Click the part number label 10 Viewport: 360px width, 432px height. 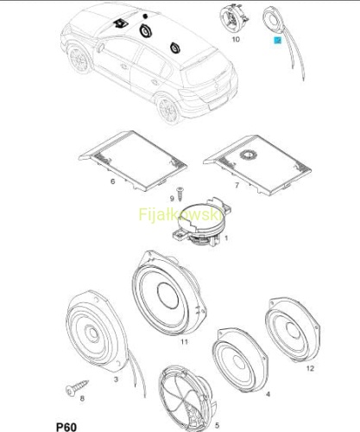tap(236, 39)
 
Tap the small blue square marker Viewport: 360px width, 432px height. tap(278, 41)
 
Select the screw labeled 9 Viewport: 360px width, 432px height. tap(180, 194)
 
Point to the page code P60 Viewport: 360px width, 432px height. tap(66, 427)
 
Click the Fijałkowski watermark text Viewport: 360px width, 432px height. tap(181, 214)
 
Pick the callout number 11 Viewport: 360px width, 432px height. tap(184, 342)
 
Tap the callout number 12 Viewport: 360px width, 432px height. tap(310, 368)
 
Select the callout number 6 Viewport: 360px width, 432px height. tap(113, 181)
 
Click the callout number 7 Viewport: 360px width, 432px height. tap(237, 185)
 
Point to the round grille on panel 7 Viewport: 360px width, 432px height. tap(249, 155)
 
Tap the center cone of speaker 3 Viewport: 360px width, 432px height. tap(93, 334)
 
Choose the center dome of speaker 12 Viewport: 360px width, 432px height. tap(294, 330)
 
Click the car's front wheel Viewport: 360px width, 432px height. tap(79, 60)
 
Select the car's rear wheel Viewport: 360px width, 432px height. tap(168, 111)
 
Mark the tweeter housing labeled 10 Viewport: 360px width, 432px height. tap(234, 18)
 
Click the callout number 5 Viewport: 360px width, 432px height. tap(218, 425)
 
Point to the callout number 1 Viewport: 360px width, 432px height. tap(226, 238)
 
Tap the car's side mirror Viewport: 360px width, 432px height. tap(100, 47)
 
